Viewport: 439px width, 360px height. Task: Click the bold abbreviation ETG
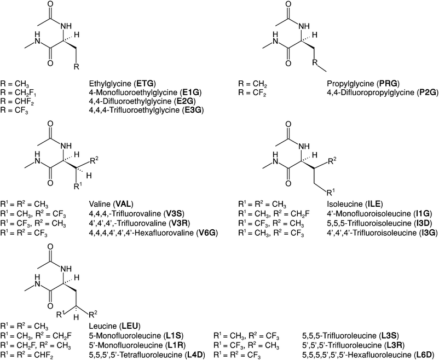[145, 83]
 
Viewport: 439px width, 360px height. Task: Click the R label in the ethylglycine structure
[77, 67]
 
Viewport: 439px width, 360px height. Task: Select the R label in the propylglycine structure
[315, 62]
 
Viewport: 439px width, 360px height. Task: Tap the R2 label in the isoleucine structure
[332, 160]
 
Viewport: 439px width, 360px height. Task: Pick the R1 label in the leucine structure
[61, 314]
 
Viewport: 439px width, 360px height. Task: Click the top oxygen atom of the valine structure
[50, 124]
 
